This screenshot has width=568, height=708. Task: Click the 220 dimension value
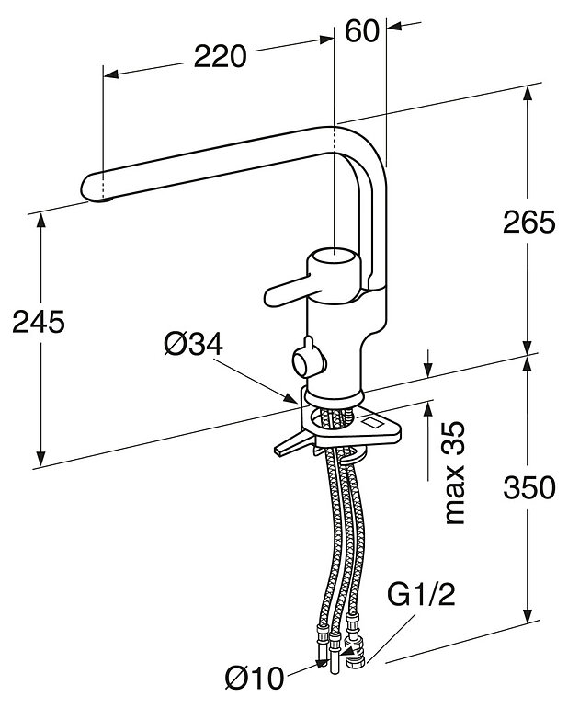tap(220, 56)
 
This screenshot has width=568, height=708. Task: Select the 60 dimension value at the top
tap(363, 30)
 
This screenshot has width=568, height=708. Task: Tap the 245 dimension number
tap(38, 322)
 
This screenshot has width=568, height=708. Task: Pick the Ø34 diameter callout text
tap(194, 345)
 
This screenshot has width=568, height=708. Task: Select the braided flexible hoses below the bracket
tap(337, 542)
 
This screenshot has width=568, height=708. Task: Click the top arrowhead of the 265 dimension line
tap(528, 96)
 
